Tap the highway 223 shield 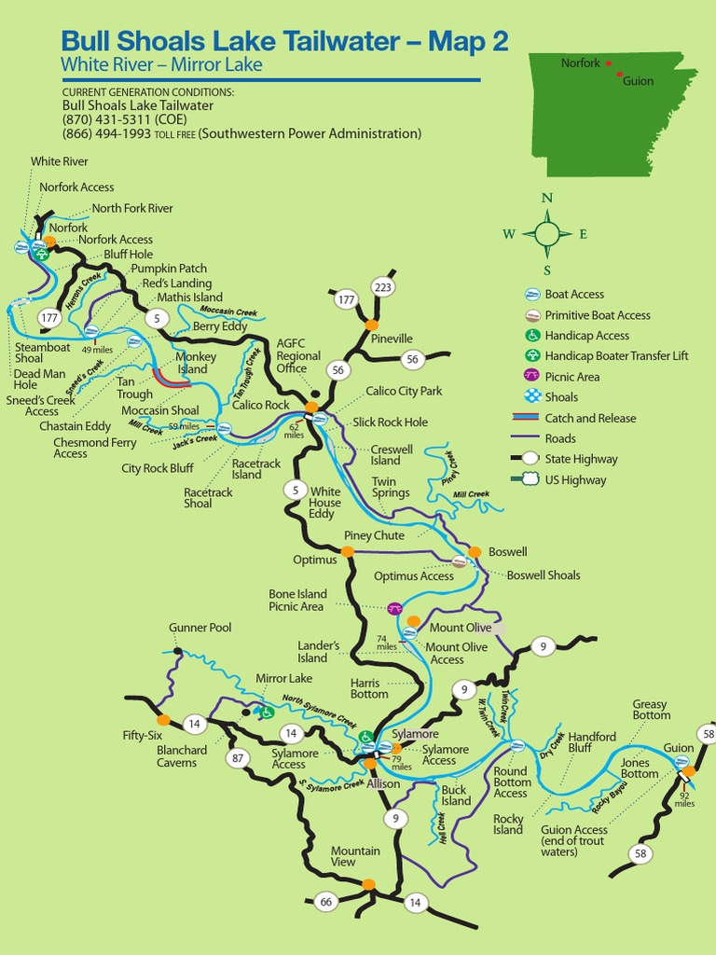[x=382, y=286]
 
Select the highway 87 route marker [x=239, y=758]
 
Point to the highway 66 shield [x=325, y=902]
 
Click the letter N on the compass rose [x=547, y=198]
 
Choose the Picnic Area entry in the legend [x=571, y=377]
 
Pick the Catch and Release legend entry [x=589, y=419]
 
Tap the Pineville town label [x=392, y=339]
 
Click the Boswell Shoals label [x=543, y=575]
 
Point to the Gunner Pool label [x=200, y=628]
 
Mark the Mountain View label [x=355, y=856]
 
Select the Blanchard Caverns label [x=182, y=756]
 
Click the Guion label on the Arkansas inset [x=638, y=81]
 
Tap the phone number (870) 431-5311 [x=124, y=119]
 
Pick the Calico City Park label [x=404, y=392]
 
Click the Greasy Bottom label [x=651, y=710]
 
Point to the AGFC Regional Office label [x=298, y=355]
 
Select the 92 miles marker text [x=684, y=799]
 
